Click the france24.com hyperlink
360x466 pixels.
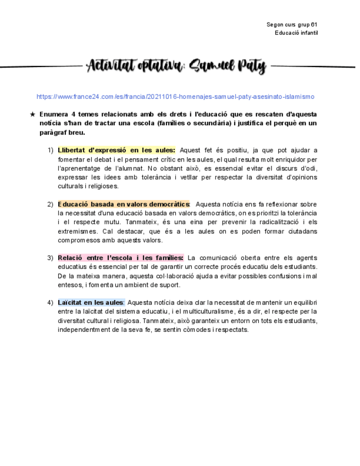point(175,97)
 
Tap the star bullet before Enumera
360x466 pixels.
point(32,114)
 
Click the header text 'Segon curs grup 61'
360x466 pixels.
point(292,25)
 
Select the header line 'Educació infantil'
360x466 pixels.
point(297,33)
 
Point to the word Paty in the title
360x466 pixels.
point(252,68)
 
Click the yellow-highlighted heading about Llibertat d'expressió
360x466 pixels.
point(117,150)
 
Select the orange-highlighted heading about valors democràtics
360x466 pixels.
point(124,204)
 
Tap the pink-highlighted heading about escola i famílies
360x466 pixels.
point(120,258)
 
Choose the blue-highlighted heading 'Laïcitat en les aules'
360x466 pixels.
point(91,302)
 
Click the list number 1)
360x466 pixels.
point(50,150)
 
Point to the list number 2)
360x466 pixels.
point(50,204)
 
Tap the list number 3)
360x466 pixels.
point(50,258)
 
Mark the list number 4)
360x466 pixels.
point(50,302)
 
